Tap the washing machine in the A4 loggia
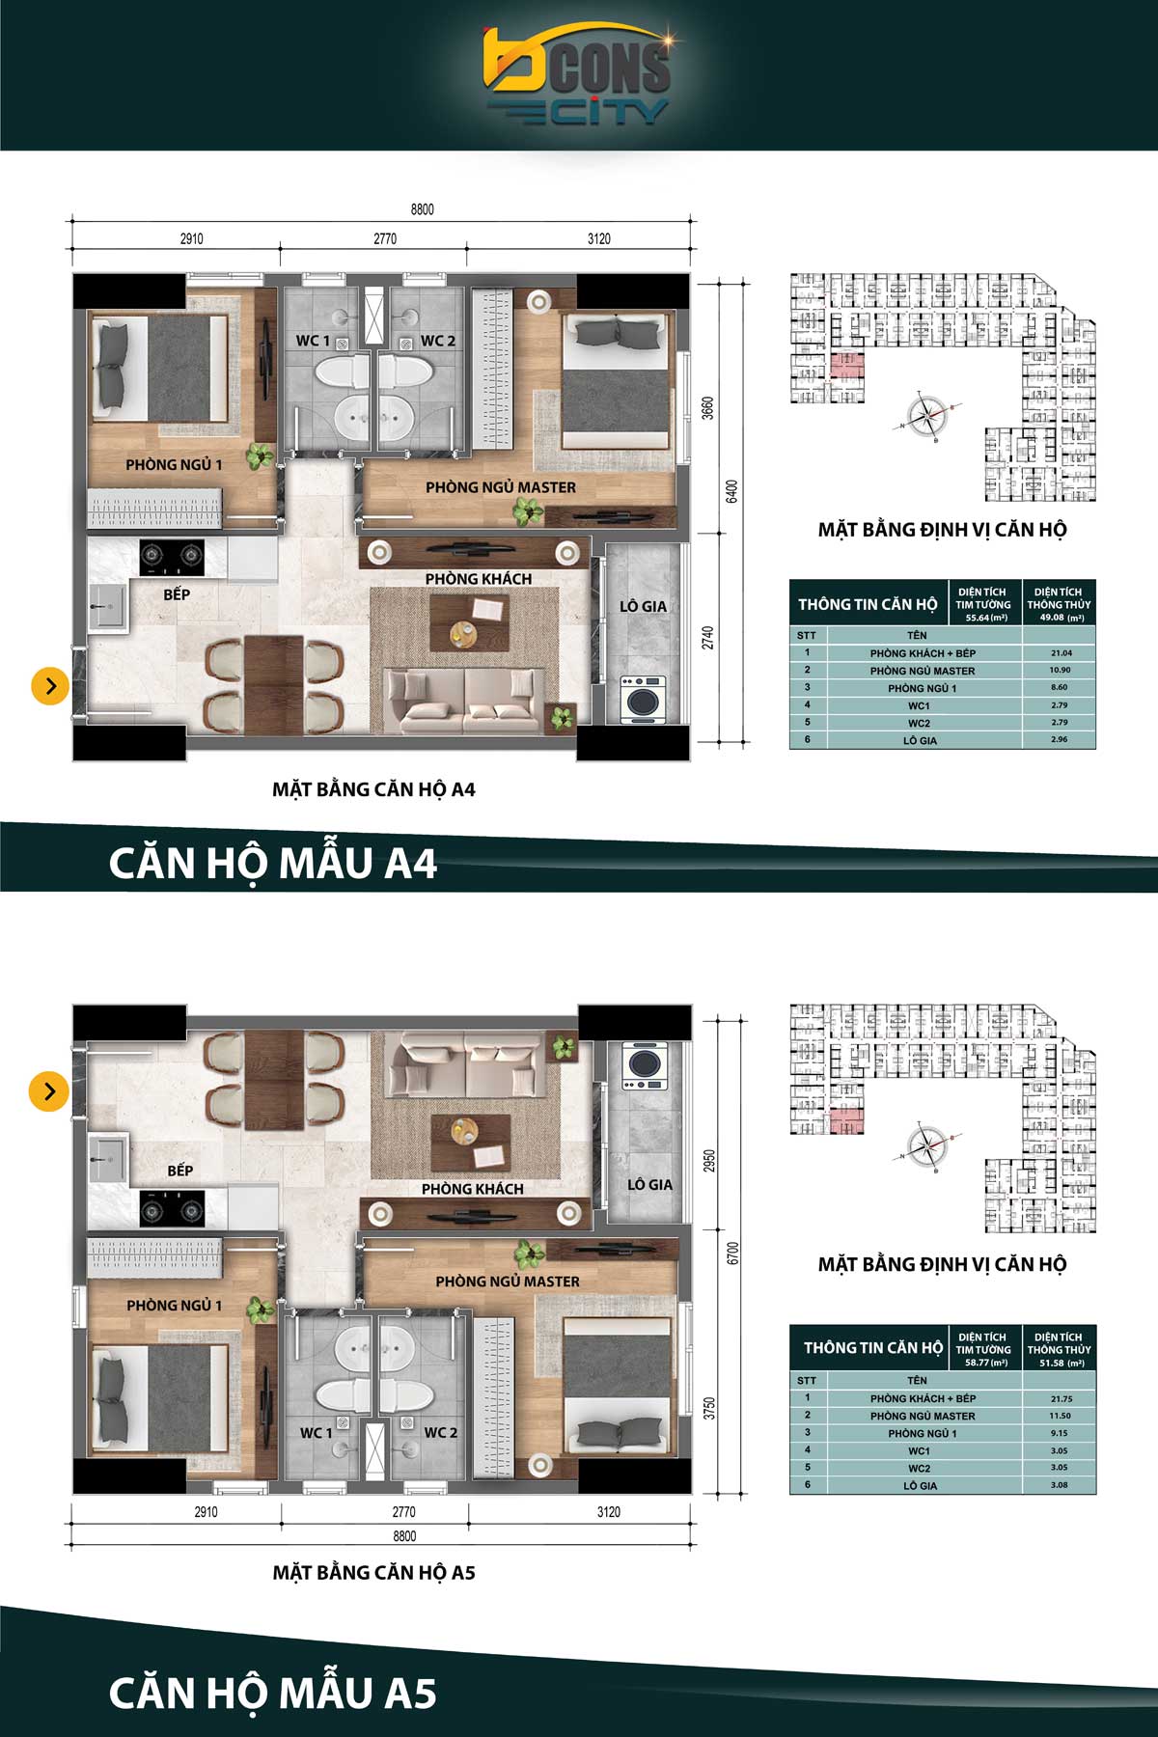pos(642,698)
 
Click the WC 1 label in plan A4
pos(313,341)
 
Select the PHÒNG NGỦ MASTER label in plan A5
pos(507,1282)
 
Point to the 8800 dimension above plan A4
pos(422,209)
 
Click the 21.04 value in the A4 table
pos(1061,653)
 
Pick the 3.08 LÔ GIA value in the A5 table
pos(1060,1485)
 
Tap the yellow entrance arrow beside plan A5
pos(49,1091)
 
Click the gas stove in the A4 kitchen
pos(172,555)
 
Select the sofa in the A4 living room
pos(464,702)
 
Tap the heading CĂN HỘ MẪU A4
pos(272,863)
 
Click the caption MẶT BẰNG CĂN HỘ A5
pos(373,1573)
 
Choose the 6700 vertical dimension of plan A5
pos(733,1254)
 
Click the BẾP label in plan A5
pos(180,1171)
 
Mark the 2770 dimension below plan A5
pos(403,1512)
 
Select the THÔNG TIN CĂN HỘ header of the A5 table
pos(872,1348)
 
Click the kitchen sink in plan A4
pos(105,608)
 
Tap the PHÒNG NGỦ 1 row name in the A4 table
pos(922,688)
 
